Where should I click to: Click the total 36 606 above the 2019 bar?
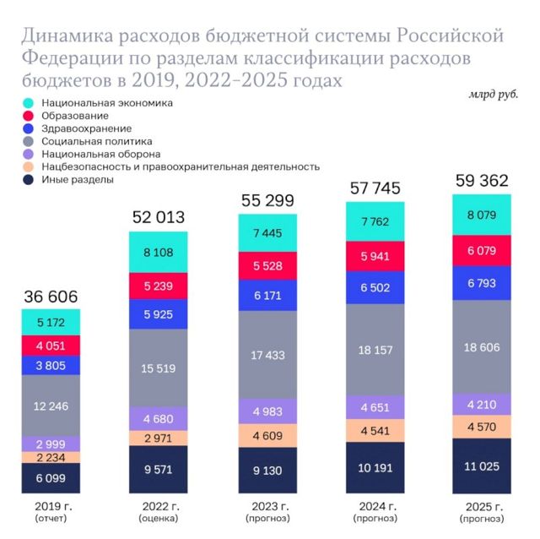coord(50,297)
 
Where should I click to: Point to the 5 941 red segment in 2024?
coord(374,257)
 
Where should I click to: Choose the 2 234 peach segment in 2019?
coord(51,457)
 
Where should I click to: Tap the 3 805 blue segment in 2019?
coord(51,365)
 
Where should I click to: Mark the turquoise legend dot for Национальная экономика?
coord(28,103)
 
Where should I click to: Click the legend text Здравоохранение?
coord(81,128)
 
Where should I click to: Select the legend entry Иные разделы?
coord(76,179)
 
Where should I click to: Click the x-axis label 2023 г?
coord(267,507)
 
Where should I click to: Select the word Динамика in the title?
coord(73,36)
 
